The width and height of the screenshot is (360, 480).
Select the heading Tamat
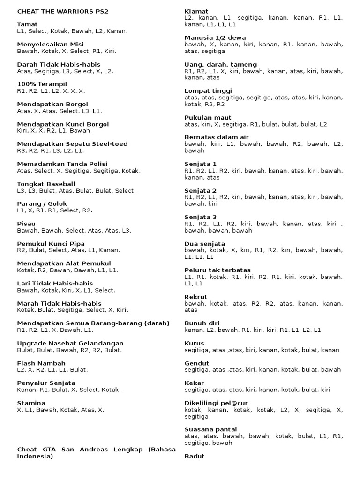pyautogui.click(x=27, y=24)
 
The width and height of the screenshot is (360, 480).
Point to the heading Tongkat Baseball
pyautogui.click(x=46, y=184)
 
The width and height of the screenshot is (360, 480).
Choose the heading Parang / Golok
pyautogui.click(x=42, y=204)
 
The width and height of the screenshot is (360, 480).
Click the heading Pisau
pyautogui.click(x=26, y=224)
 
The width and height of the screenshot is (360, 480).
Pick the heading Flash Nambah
pyautogui.click(x=41, y=363)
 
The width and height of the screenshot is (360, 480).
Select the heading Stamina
pyautogui.click(x=31, y=403)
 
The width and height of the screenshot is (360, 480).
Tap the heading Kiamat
pyautogui.click(x=196, y=11)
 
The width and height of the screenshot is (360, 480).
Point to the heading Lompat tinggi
pyautogui.click(x=208, y=90)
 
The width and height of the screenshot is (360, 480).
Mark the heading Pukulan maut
pyautogui.click(x=208, y=117)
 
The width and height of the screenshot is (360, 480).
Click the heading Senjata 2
pyautogui.click(x=201, y=190)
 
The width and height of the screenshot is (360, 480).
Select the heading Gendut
pyautogui.click(x=197, y=363)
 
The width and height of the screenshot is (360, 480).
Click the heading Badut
pyautogui.click(x=195, y=456)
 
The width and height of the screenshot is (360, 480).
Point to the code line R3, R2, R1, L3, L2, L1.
pyautogui.click(x=51, y=151)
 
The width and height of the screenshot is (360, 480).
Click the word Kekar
pyautogui.click(x=195, y=383)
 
